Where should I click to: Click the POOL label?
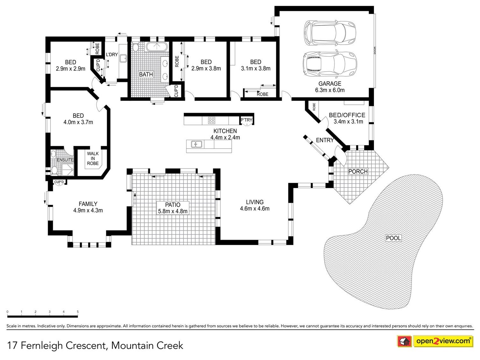pyautogui.click(x=393, y=238)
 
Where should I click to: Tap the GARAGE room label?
pyautogui.click(x=330, y=83)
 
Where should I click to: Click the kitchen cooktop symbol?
pyautogui.click(x=212, y=120)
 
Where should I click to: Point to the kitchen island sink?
pyautogui.click(x=196, y=145)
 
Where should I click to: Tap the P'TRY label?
pyautogui.click(x=246, y=120)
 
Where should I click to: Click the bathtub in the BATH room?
pyautogui.click(x=156, y=47)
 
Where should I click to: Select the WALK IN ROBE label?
pyautogui.click(x=93, y=158)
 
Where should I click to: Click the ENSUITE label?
pyautogui.click(x=65, y=160)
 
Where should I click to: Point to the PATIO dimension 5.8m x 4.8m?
pyautogui.click(x=173, y=211)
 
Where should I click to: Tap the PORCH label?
pyautogui.click(x=358, y=172)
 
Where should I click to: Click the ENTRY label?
pyautogui.click(x=325, y=140)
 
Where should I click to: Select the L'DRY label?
pyautogui.click(x=112, y=54)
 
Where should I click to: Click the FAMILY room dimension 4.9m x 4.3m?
pyautogui.click(x=88, y=210)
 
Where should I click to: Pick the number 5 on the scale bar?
pyautogui.click(x=78, y=312)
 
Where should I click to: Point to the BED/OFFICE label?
pyautogui.click(x=347, y=115)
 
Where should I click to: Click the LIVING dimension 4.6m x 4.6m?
pyautogui.click(x=255, y=208)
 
